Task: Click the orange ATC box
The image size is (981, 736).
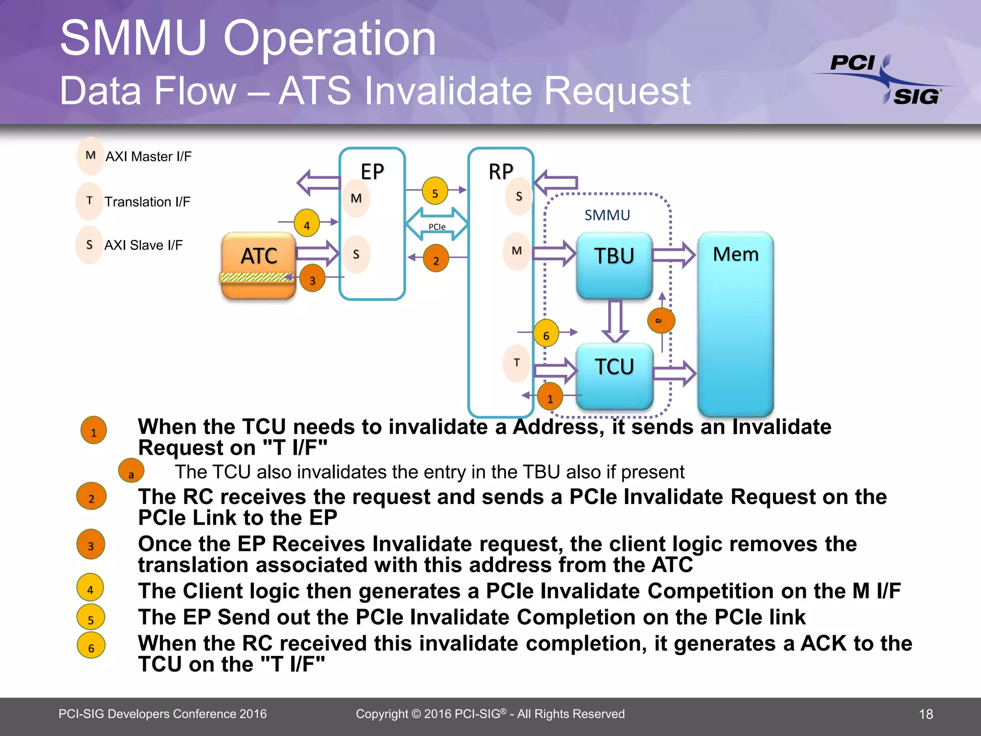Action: [x=259, y=265]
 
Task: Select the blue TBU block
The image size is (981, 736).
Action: [x=614, y=265]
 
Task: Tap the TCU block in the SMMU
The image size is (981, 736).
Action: [x=614, y=376]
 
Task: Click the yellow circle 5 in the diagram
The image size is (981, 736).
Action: [x=435, y=192]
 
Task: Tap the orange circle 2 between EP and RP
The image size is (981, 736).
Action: [x=436, y=259]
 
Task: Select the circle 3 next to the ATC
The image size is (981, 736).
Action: [x=312, y=279]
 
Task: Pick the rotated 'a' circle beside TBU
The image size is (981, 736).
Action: [x=661, y=320]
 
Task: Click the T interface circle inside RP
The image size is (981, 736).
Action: [x=516, y=363]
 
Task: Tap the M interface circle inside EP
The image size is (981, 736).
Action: [x=356, y=198]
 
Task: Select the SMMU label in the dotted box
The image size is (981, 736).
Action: [x=607, y=215]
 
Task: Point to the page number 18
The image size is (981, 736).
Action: [x=925, y=714]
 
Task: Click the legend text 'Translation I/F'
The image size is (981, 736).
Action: [x=147, y=202]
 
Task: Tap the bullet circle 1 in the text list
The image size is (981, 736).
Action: [x=93, y=431]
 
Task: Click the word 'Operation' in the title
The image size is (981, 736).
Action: [x=330, y=38]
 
